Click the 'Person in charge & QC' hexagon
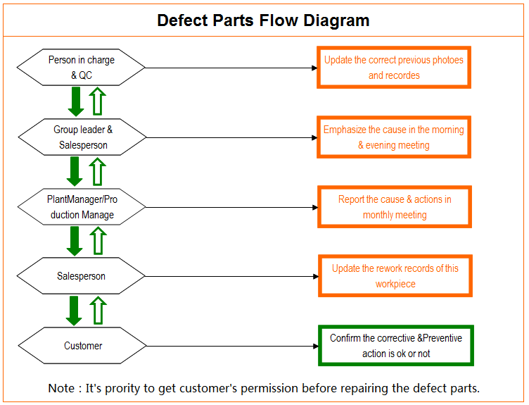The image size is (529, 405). [x=81, y=67]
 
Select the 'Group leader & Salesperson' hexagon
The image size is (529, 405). [x=82, y=137]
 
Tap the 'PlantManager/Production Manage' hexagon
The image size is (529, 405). [x=82, y=206]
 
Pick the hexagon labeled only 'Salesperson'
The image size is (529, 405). [x=81, y=276]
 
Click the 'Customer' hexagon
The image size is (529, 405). [x=82, y=346]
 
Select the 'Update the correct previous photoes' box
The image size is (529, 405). [x=394, y=68]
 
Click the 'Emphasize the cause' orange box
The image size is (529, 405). [x=394, y=137]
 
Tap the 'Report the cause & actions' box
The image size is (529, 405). [x=395, y=206]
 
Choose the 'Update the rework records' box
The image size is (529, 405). [x=395, y=276]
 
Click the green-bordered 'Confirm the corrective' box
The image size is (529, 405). [x=396, y=346]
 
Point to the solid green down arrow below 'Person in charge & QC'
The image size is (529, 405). [x=76, y=101]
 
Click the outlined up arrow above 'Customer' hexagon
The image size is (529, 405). [x=98, y=311]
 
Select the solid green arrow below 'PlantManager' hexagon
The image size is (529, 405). [x=75, y=241]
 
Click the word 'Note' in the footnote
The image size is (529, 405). [x=61, y=388]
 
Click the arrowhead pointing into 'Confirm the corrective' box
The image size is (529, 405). [x=315, y=347]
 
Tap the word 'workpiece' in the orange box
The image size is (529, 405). [x=395, y=284]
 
